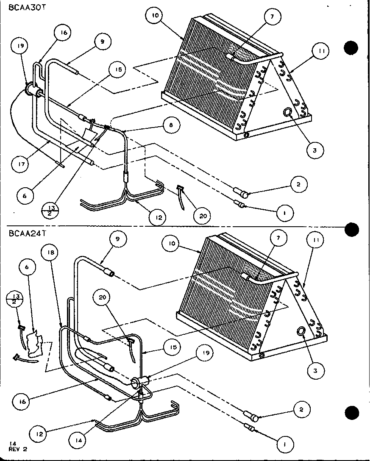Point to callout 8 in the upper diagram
point(170,125)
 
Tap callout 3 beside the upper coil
point(315,150)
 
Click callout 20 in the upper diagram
point(202,216)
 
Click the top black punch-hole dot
point(351,47)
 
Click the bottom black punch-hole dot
point(351,412)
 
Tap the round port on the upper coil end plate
point(288,112)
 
